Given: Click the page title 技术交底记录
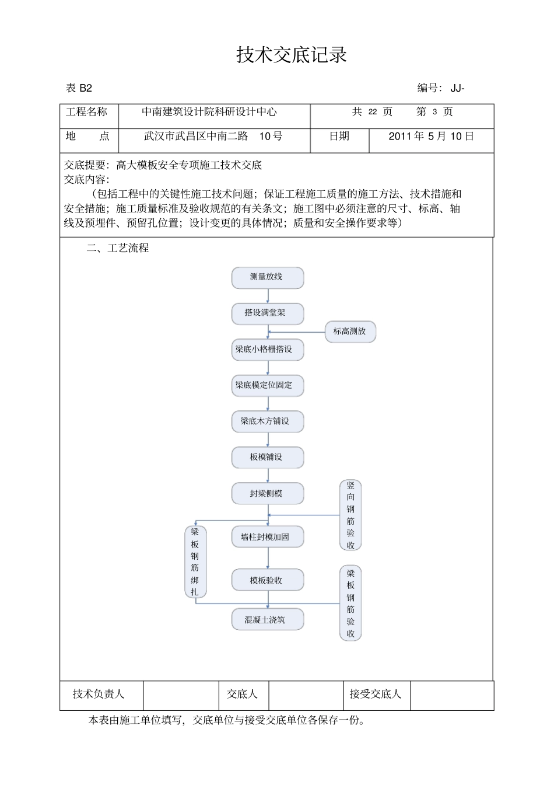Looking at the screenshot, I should coord(292,55).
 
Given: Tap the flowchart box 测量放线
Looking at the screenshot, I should coord(267,277).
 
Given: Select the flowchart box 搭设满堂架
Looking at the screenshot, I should coord(267,313).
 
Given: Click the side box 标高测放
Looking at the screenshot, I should coord(350,332).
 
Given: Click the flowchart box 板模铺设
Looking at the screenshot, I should coord(267,457).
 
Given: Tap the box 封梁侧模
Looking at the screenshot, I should coord(267,493).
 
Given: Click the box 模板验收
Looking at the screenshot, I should coord(267,580).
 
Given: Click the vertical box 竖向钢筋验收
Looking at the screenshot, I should coord(350,515).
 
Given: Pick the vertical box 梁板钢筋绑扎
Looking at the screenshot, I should coord(195,561).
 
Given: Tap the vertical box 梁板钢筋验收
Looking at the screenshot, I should coord(350,603).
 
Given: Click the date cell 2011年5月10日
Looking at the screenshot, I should coord(431,137).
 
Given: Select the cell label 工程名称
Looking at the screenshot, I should coord(87,112).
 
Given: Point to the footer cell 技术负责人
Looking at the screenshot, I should coord(99,694).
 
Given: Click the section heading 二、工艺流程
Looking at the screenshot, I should coord(118,248).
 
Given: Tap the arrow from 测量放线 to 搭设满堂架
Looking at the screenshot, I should coord(268,296).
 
